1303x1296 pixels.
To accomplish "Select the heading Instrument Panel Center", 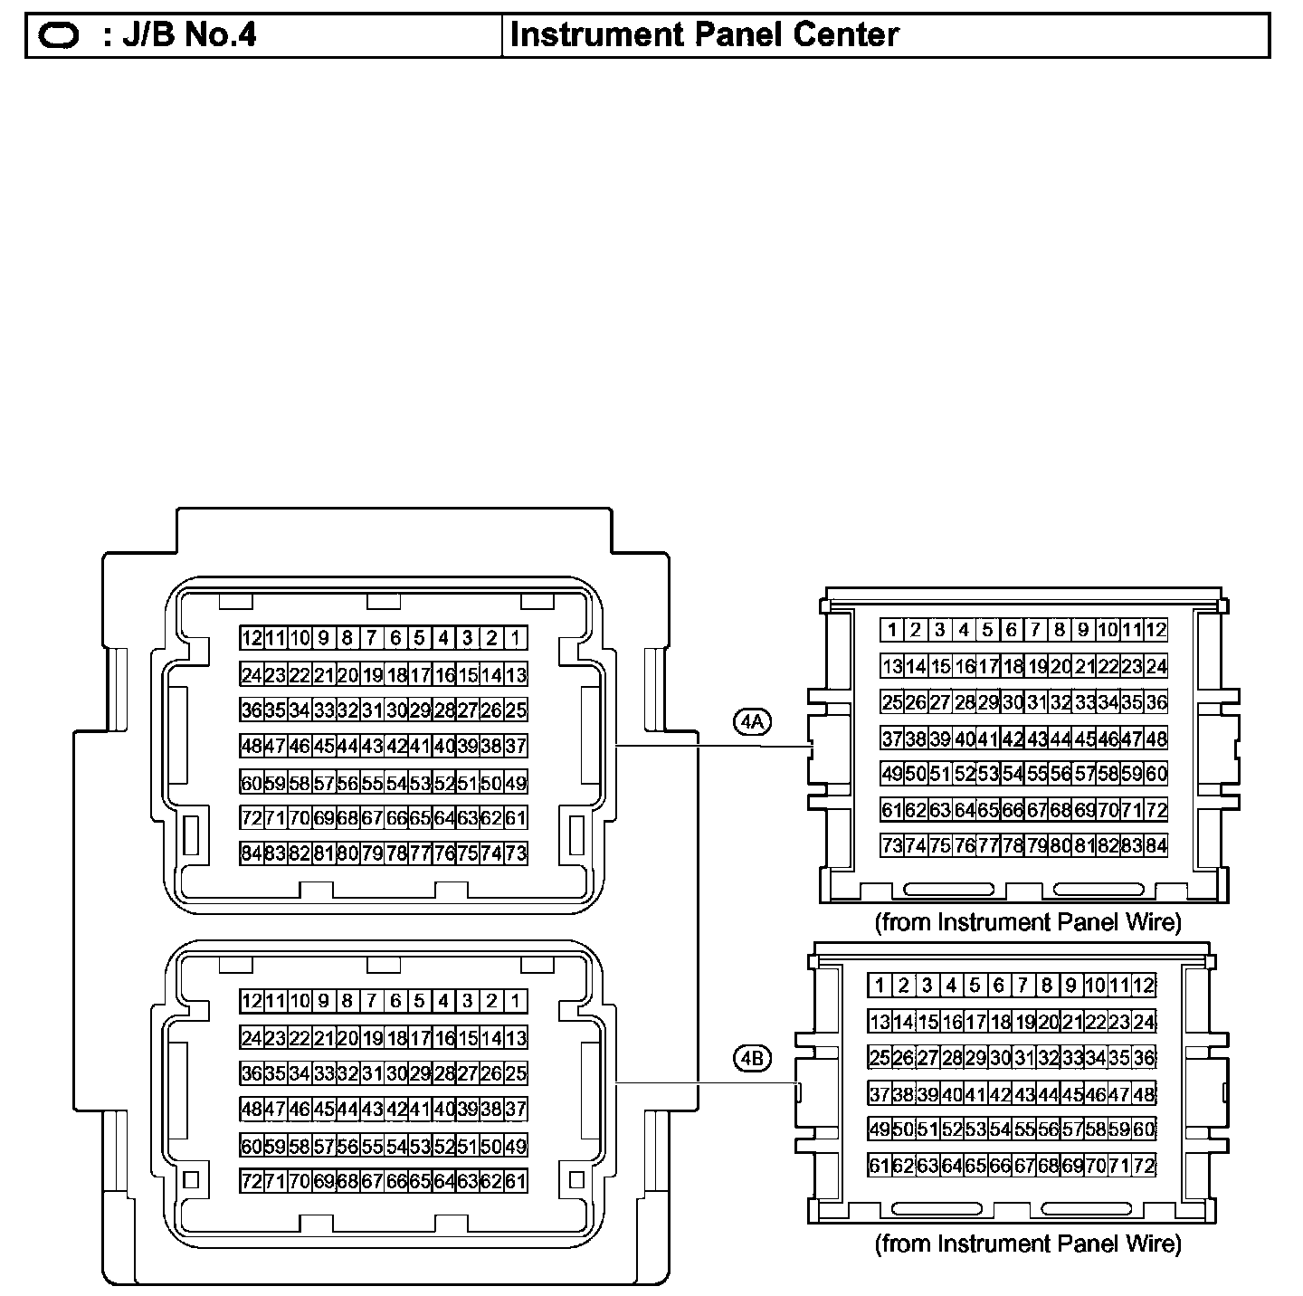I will point(704,35).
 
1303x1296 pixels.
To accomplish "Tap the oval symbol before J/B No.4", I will point(61,36).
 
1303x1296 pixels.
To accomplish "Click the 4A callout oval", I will point(752,721).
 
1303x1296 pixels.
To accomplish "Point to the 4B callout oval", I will point(752,1057).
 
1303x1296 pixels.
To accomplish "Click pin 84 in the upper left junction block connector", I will point(251,853).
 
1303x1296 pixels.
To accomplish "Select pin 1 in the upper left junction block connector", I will point(515,638).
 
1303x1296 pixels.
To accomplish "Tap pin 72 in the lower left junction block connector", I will point(251,1181).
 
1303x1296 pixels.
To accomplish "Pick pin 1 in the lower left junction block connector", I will point(515,1001).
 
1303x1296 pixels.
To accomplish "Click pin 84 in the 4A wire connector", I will point(1156,845).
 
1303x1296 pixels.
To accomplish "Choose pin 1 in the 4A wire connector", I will point(892,630).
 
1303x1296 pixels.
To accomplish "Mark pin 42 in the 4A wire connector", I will point(1012,739).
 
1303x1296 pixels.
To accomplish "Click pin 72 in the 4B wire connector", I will point(1144,1166).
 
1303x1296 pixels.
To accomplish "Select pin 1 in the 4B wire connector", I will point(880,986).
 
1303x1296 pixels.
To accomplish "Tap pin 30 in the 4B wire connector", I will point(999,1058).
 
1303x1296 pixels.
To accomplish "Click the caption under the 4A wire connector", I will point(1028,922).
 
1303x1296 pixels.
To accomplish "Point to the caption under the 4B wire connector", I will point(1028,1244).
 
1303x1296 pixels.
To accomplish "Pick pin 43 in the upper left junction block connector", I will point(371,747).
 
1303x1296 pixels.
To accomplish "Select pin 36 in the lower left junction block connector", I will point(251,1073).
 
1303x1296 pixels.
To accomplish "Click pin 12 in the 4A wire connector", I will point(1156,630).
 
